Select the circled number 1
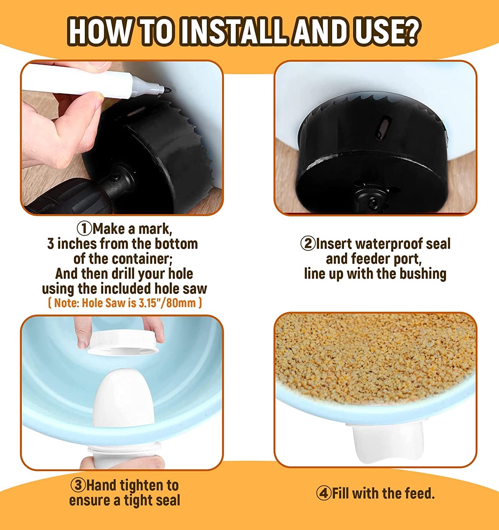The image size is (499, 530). (x=84, y=229)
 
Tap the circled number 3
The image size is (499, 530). (x=78, y=485)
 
